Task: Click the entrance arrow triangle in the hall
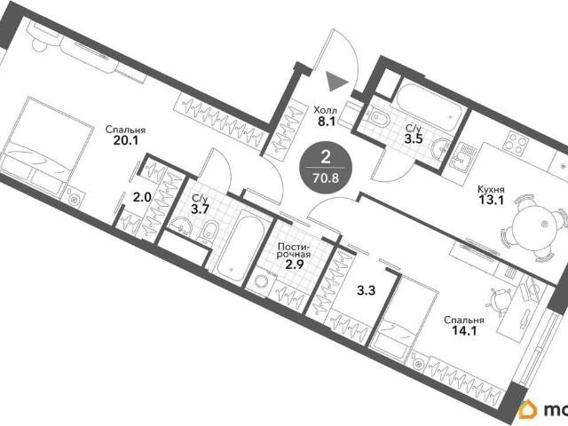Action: click(335, 81)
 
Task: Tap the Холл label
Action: click(326, 110)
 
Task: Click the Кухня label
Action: click(491, 189)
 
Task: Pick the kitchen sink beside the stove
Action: click(460, 155)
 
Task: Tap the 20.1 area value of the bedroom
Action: click(126, 140)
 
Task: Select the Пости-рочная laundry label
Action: click(294, 250)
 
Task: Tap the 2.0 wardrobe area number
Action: click(142, 197)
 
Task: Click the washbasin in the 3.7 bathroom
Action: click(181, 225)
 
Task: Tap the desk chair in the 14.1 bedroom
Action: click(501, 300)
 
